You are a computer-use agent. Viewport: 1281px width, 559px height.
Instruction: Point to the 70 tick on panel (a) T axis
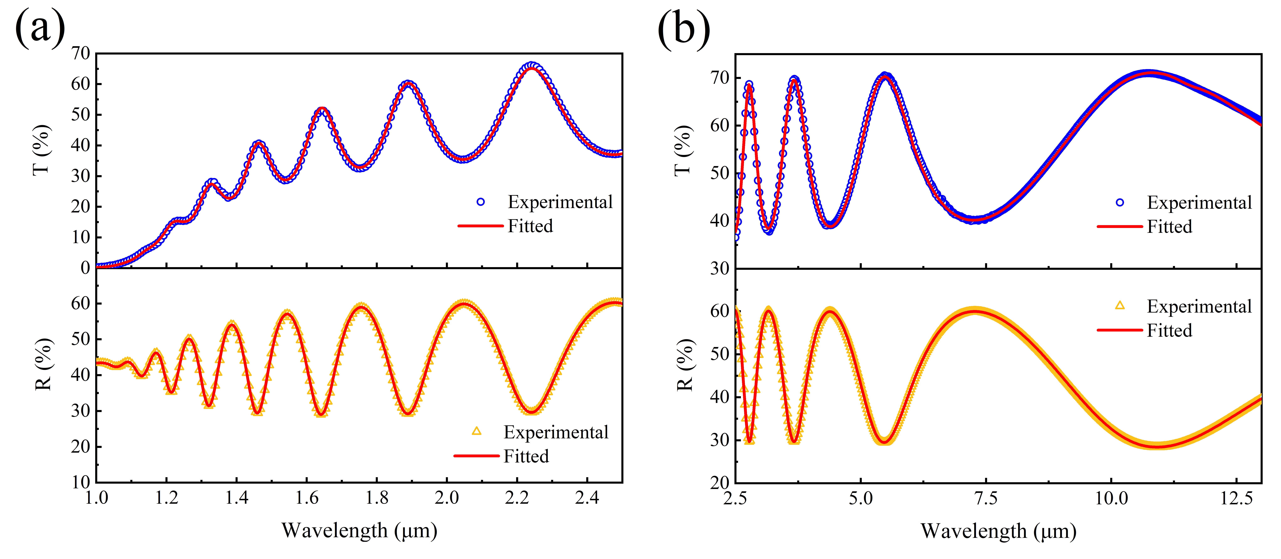pyautogui.click(x=81, y=53)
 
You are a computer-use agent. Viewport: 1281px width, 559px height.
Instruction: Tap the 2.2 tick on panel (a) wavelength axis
pyautogui.click(x=517, y=497)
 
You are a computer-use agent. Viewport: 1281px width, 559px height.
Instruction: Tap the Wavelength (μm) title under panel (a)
pyautogui.click(x=359, y=531)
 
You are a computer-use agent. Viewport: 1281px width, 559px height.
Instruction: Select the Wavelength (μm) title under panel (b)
pyautogui.click(x=999, y=531)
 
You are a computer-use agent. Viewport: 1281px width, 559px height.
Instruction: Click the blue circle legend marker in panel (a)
pyautogui.click(x=480, y=202)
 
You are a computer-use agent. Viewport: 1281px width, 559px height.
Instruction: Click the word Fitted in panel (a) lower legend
pyautogui.click(x=526, y=456)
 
